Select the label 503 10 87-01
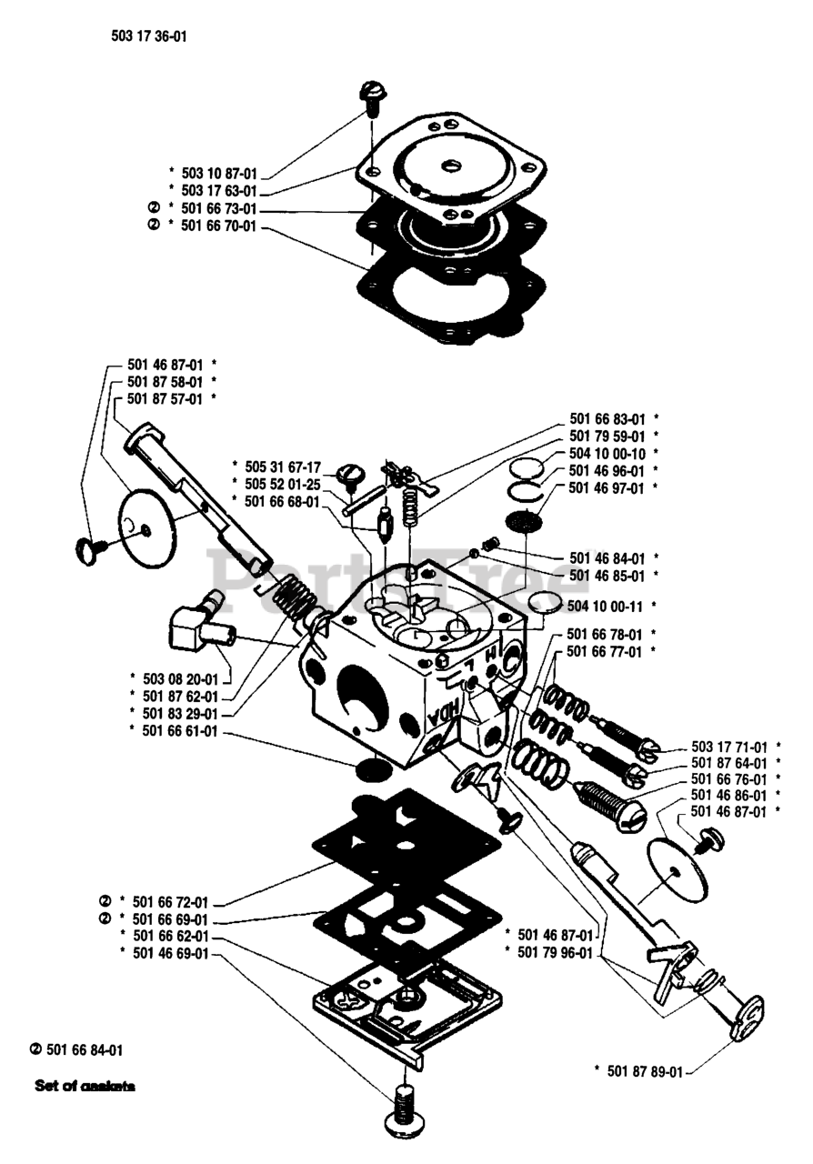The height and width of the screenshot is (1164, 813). [219, 172]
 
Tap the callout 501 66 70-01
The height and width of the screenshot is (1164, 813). [219, 225]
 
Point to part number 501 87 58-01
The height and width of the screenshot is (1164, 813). [166, 381]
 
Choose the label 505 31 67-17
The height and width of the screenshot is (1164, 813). [283, 465]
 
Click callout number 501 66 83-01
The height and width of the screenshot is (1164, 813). [607, 419]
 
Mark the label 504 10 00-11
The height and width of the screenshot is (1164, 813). [606, 605]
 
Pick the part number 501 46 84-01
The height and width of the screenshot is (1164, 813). [607, 557]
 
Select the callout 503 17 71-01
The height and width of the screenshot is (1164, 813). [729, 747]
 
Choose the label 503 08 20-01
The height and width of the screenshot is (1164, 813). [181, 678]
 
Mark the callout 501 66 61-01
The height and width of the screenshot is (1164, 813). [181, 729]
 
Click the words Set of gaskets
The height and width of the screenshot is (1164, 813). [85, 1085]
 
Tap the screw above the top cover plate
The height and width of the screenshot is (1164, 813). [372, 95]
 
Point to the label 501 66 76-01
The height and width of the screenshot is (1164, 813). [729, 779]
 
